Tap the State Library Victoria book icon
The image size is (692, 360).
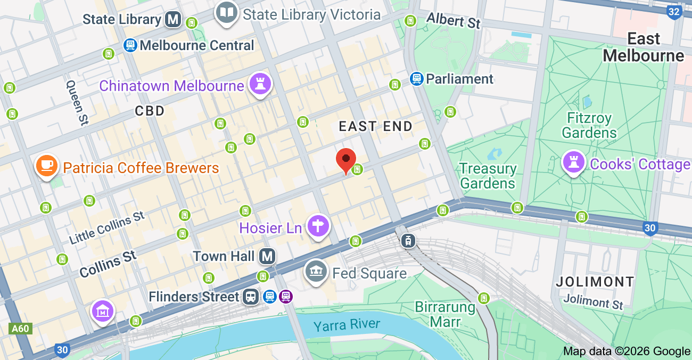227,12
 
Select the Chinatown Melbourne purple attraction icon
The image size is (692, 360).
260,84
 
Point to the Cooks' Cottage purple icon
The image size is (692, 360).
574,162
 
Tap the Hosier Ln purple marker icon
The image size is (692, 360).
318,226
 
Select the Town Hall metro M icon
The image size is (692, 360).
267,257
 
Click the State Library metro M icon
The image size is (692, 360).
172,20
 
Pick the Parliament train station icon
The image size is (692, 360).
416,79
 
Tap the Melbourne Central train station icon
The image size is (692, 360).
130,45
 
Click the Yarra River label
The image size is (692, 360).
347,325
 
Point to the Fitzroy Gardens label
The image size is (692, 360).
589,125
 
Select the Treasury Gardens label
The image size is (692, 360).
488,176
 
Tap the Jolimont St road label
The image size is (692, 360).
593,302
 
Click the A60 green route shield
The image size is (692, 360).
20,329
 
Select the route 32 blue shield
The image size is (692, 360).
674,11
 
